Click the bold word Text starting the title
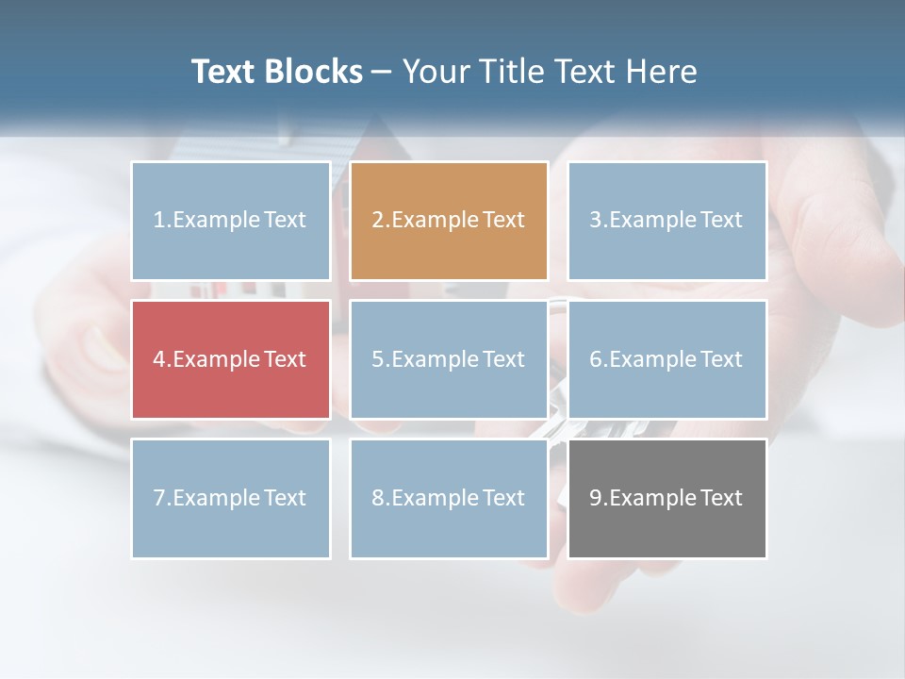(227, 72)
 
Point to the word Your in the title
(433, 72)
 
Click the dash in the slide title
(383, 72)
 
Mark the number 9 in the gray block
(596, 498)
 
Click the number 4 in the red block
(159, 359)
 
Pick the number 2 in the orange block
(377, 220)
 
